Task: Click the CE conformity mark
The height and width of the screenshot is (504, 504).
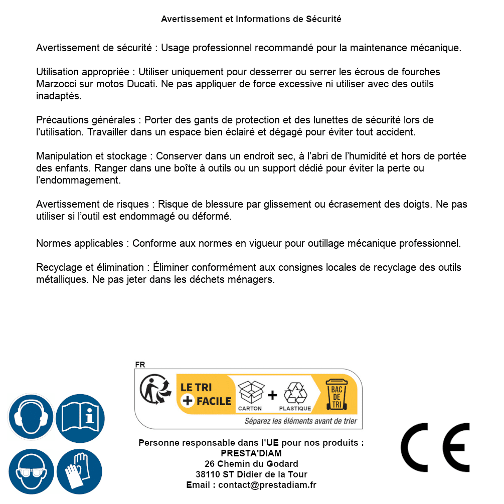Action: [435, 448]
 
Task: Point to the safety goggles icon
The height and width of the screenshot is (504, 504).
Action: [31, 471]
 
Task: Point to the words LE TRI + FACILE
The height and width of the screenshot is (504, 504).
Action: [206, 394]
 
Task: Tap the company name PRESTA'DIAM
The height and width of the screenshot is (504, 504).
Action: [251, 453]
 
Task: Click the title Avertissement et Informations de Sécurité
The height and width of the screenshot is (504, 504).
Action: [251, 19]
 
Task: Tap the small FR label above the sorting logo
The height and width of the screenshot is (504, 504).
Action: [140, 365]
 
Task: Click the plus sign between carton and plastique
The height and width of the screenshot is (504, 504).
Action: [272, 395]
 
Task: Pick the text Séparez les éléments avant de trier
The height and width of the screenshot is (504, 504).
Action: [300, 421]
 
